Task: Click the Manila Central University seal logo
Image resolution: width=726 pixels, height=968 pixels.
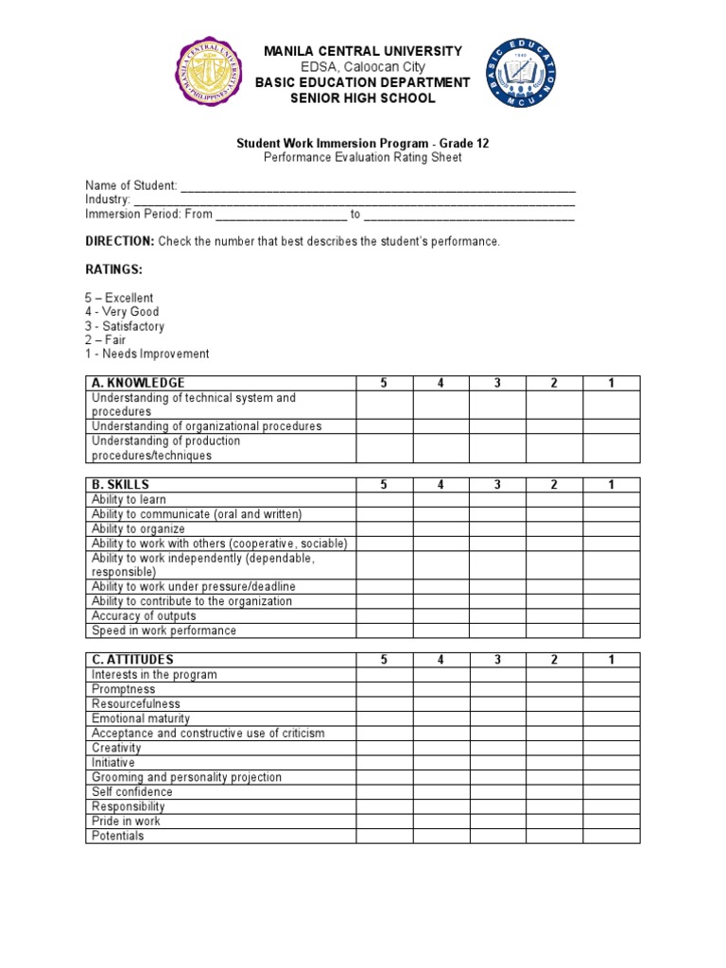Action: pyautogui.click(x=209, y=73)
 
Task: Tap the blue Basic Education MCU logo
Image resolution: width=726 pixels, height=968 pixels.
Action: pyautogui.click(x=521, y=74)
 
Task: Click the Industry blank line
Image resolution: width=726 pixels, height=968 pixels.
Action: pyautogui.click(x=354, y=201)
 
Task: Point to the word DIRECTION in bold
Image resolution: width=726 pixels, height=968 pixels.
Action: pyautogui.click(x=119, y=242)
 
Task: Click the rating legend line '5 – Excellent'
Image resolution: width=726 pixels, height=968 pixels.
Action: pyautogui.click(x=119, y=298)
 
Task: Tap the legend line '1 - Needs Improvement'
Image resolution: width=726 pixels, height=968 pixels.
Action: pyautogui.click(x=147, y=354)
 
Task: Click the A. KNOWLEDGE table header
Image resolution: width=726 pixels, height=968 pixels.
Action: pyautogui.click(x=138, y=383)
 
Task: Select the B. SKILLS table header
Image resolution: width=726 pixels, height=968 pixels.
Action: pyautogui.click(x=120, y=485)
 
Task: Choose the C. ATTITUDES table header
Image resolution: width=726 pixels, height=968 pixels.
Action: pyautogui.click(x=132, y=660)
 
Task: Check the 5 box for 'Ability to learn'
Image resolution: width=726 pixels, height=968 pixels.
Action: pyautogui.click(x=384, y=500)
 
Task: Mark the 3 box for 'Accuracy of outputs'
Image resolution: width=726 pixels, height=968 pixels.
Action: pyautogui.click(x=497, y=616)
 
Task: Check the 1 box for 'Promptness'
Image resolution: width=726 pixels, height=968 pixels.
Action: pyautogui.click(x=612, y=690)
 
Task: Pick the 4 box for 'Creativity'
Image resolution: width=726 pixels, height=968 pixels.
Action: pyautogui.click(x=441, y=749)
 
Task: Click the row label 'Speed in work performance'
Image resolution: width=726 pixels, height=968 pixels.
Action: pyautogui.click(x=164, y=631)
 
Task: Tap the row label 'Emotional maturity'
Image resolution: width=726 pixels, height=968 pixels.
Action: pyautogui.click(x=141, y=719)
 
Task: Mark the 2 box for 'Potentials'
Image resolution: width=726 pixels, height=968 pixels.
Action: pyautogui.click(x=555, y=837)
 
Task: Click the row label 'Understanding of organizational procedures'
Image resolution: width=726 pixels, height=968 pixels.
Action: pyautogui.click(x=206, y=426)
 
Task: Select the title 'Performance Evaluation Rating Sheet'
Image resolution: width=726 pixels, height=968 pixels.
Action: pyautogui.click(x=363, y=158)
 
